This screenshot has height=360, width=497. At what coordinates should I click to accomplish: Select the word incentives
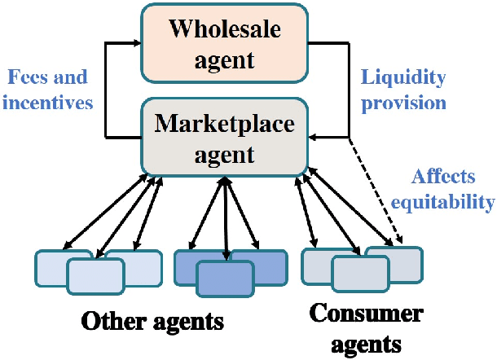pos(48,104)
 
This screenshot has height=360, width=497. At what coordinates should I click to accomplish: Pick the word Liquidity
pos(403,79)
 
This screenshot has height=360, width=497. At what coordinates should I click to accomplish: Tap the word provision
pos(405,103)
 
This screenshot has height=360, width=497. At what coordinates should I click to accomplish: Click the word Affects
pos(441,177)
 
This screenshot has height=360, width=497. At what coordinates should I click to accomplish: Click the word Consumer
pos(356,314)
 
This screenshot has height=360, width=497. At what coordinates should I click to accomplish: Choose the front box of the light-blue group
pos(95,275)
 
